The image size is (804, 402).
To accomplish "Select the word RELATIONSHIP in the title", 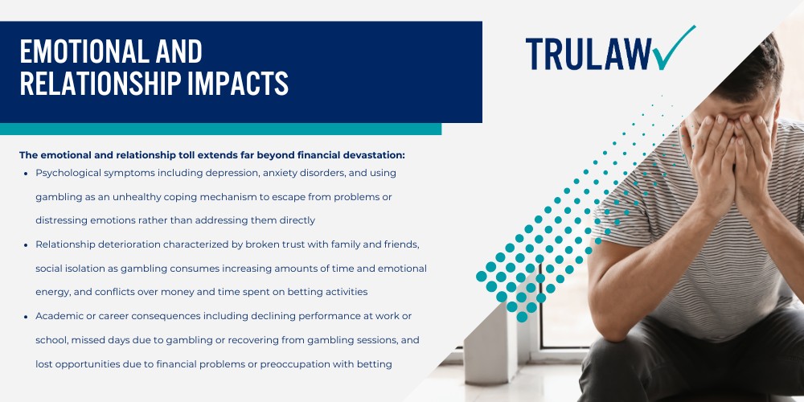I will point(96,84).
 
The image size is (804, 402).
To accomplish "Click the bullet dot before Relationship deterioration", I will point(26,244).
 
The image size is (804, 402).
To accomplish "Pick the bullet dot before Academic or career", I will point(26,317).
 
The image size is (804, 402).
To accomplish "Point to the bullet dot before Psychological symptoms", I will point(26,174).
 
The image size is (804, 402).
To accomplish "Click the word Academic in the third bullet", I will point(60,316).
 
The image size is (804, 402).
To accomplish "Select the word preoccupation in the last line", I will point(285,364).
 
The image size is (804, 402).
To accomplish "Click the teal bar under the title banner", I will point(220,129).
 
